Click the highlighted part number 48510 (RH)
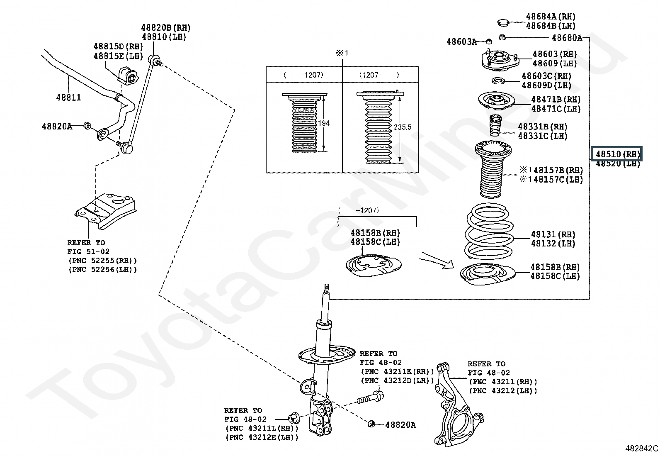(x=617, y=154)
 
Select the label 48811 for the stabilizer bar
(x=68, y=98)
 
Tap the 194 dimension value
(x=324, y=123)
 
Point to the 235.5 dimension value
(x=402, y=127)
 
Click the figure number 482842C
(x=641, y=448)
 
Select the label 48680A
(x=567, y=38)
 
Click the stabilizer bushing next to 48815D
(x=128, y=76)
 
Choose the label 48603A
(x=461, y=41)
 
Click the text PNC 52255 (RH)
(x=102, y=261)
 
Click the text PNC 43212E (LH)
(x=262, y=437)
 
